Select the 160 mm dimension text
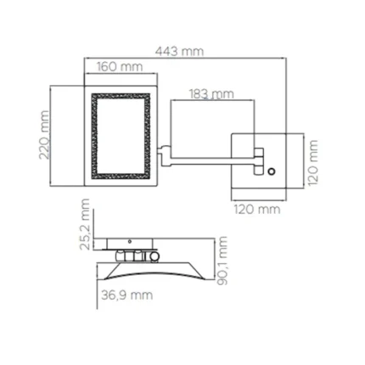point(119,66)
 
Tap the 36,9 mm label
point(122,295)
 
